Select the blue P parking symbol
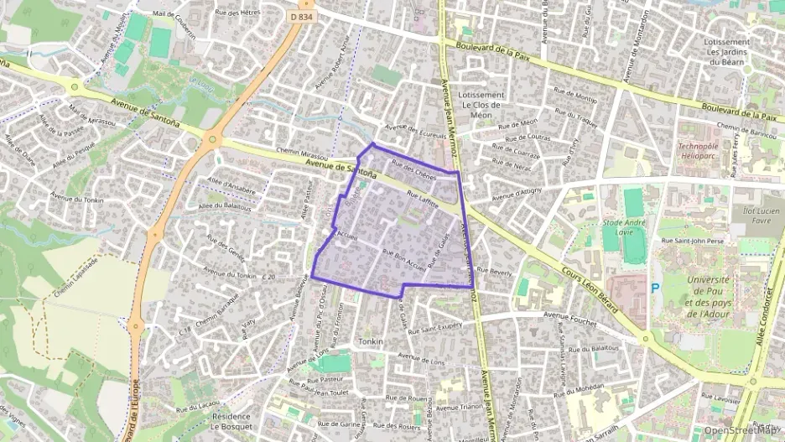pos(656,288)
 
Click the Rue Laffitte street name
pos(424,199)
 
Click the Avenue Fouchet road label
pos(568,316)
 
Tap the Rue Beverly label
pos(494,272)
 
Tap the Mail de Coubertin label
pos(172,30)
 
